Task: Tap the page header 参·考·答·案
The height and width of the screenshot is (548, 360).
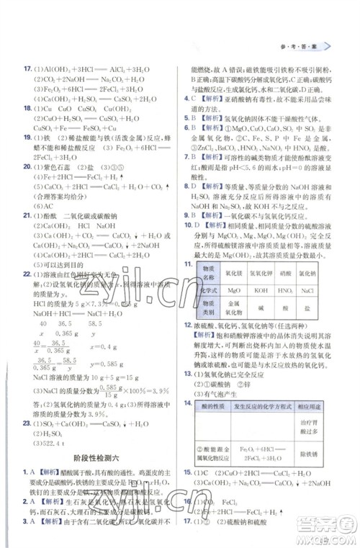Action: click(304, 45)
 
